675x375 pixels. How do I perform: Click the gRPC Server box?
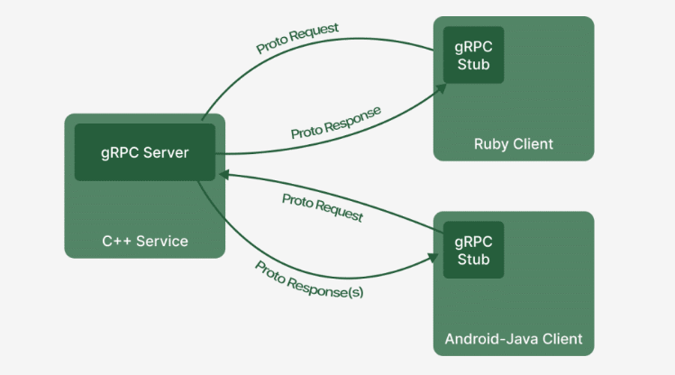pyautogui.click(x=144, y=152)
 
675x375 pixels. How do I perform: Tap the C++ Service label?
pyautogui.click(x=144, y=241)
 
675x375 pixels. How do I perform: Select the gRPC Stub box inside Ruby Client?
pyautogui.click(x=473, y=55)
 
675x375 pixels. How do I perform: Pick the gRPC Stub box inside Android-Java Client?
pyautogui.click(x=473, y=250)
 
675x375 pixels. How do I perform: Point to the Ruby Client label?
pyautogui.click(x=514, y=144)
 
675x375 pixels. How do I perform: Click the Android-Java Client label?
pyautogui.click(x=514, y=340)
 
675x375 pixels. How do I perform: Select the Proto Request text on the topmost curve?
pyautogui.click(x=297, y=38)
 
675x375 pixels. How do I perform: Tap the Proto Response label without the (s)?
pyautogui.click(x=335, y=122)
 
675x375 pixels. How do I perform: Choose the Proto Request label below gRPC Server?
pyautogui.click(x=322, y=207)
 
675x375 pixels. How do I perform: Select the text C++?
pyautogui.click(x=114, y=241)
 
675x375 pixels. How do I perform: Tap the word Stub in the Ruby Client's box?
pyautogui.click(x=473, y=64)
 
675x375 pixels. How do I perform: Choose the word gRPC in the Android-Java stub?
pyautogui.click(x=473, y=241)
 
